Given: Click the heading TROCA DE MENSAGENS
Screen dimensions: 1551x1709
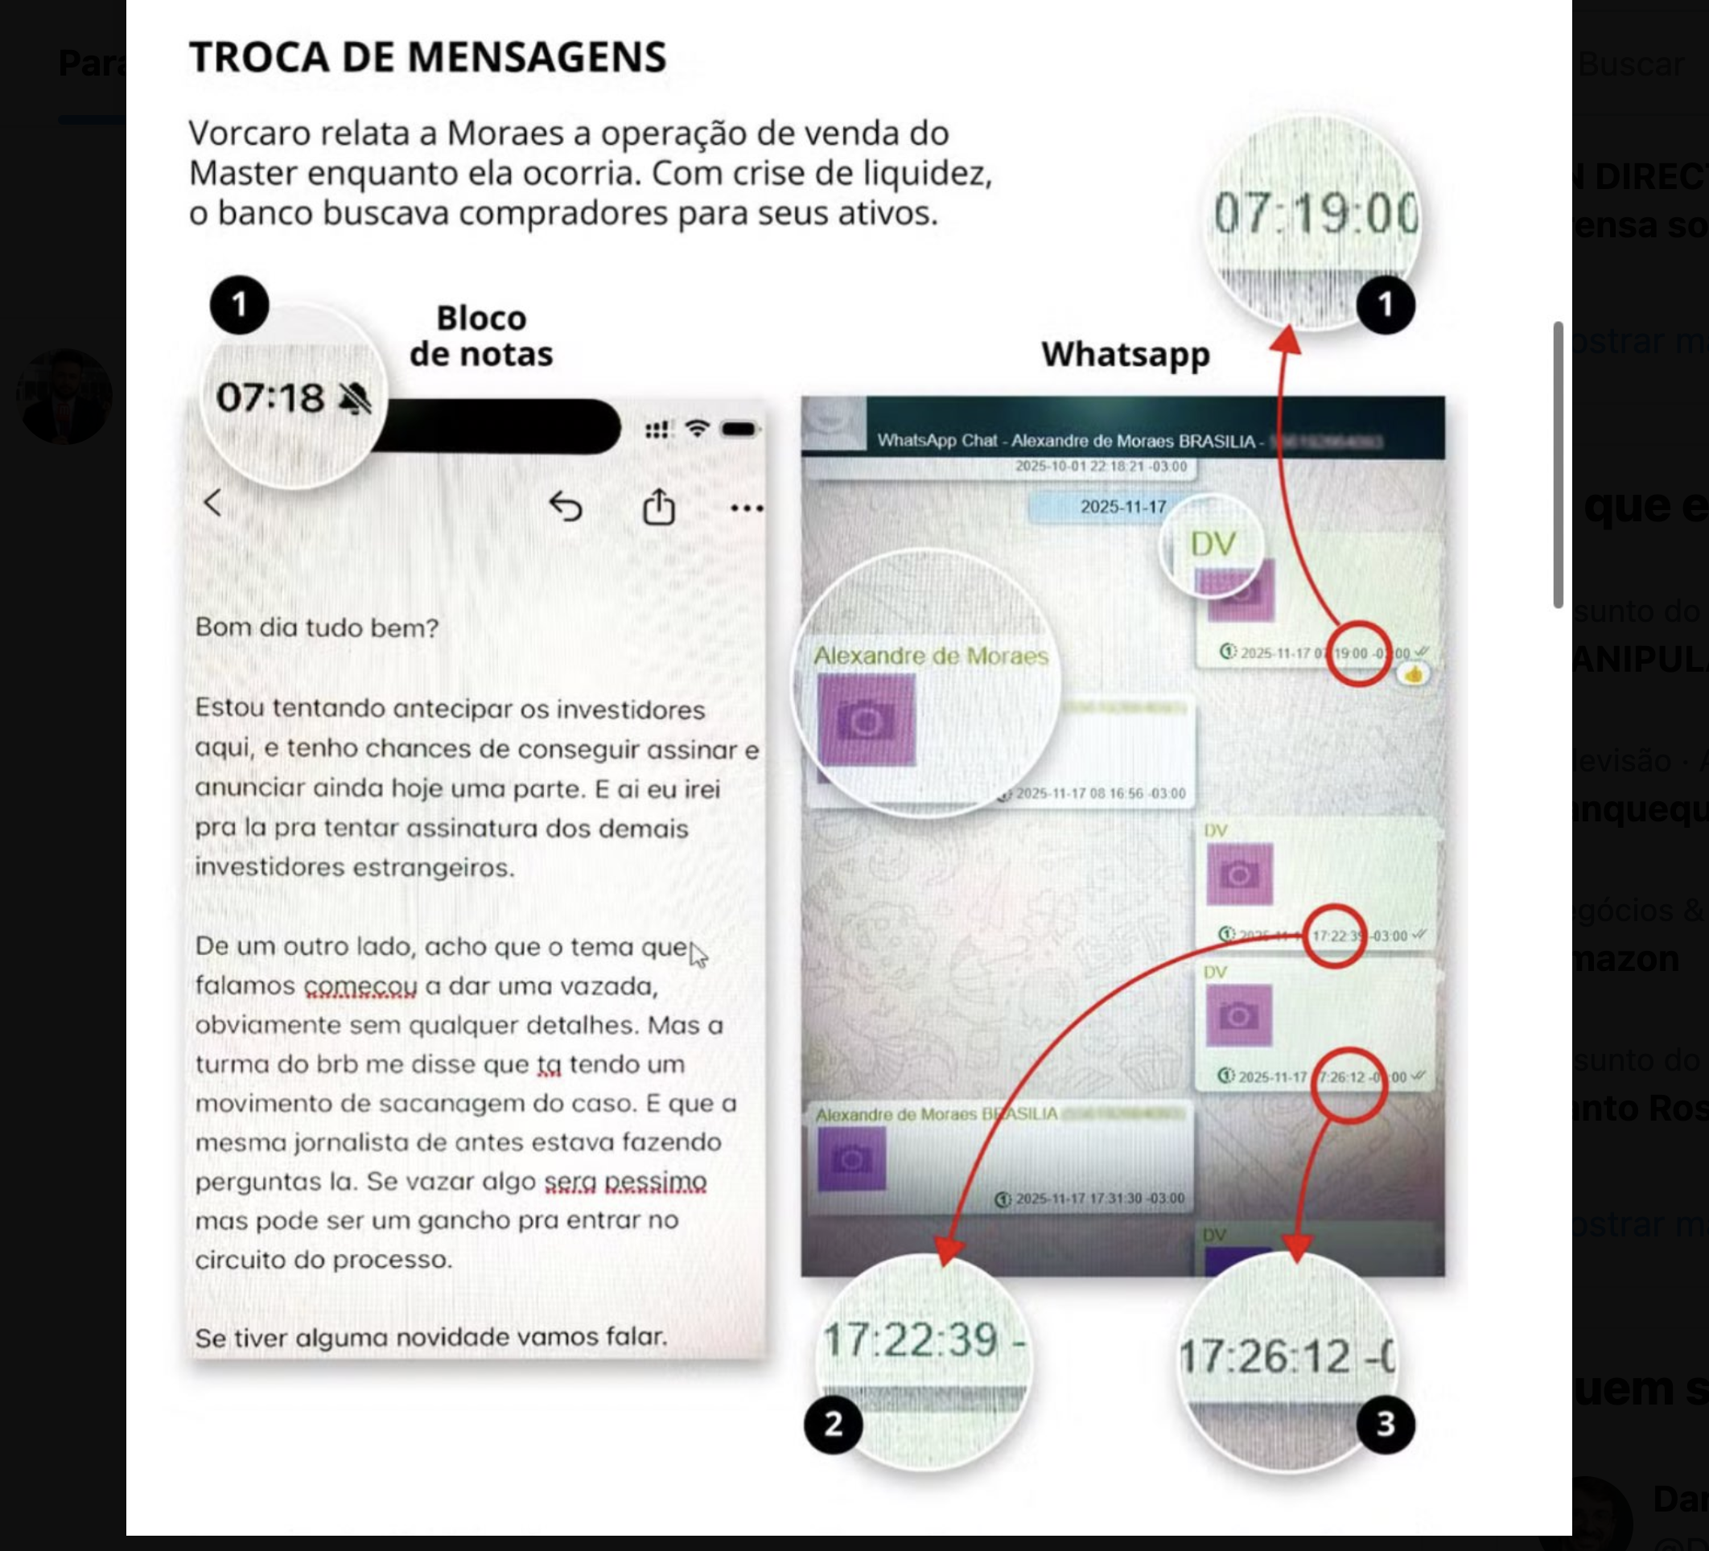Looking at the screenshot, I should pyautogui.click(x=427, y=57).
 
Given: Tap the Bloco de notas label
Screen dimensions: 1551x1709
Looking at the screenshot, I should pyautogui.click(x=480, y=335).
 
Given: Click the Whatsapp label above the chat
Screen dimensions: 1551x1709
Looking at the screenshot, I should pyautogui.click(x=1125, y=353).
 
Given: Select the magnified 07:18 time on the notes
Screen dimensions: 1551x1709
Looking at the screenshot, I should pyautogui.click(x=270, y=397).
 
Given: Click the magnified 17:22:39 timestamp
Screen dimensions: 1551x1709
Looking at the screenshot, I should pyautogui.click(x=912, y=1341).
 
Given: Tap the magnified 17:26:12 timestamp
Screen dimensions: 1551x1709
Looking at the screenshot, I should pyautogui.click(x=1277, y=1357).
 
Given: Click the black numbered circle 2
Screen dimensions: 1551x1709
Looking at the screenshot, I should pyautogui.click(x=834, y=1424).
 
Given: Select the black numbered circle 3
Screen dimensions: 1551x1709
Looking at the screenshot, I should pyautogui.click(x=1386, y=1424).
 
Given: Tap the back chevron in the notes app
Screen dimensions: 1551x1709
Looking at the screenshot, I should pyautogui.click(x=212, y=503).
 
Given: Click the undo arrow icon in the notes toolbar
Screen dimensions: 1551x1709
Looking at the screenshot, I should pyautogui.click(x=566, y=507).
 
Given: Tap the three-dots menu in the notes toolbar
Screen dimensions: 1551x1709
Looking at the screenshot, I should pyautogui.click(x=746, y=508).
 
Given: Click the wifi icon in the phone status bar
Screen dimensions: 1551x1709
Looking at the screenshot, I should pyautogui.click(x=697, y=429).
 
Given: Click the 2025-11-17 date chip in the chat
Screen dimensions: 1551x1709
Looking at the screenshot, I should pyautogui.click(x=1123, y=507).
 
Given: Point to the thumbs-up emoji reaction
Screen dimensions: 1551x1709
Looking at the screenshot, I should pyautogui.click(x=1413, y=675).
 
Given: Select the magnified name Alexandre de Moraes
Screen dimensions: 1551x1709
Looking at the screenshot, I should pyautogui.click(x=931, y=655).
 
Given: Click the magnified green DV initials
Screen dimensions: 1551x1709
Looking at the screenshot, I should pyautogui.click(x=1213, y=543).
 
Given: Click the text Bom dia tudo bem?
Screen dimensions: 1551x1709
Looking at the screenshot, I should pyautogui.click(x=316, y=627).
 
